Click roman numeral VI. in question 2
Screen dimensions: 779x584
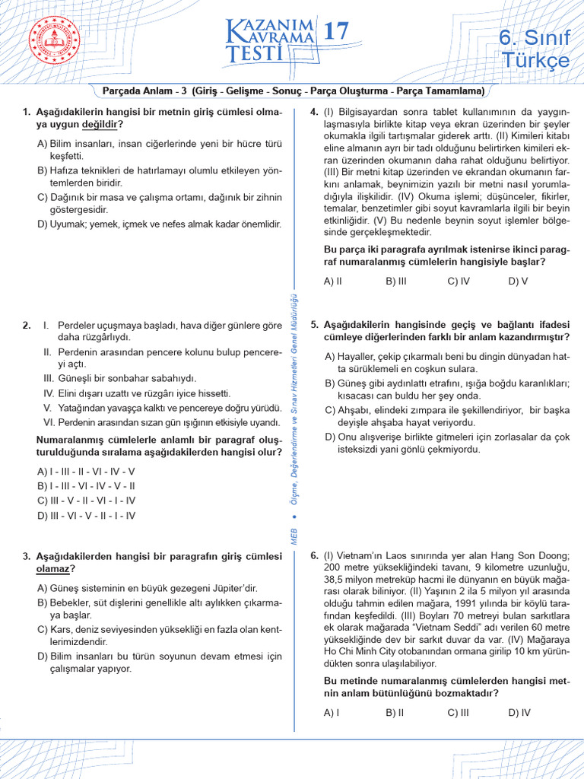(x=48, y=423)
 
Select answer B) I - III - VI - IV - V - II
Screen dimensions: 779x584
(x=86, y=485)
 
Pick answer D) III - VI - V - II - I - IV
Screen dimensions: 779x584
(x=86, y=516)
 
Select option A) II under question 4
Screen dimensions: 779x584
(x=333, y=281)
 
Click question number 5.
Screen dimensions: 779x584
(x=314, y=324)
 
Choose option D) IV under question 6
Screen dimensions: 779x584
(x=519, y=713)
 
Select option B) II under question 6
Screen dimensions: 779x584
(x=395, y=713)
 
